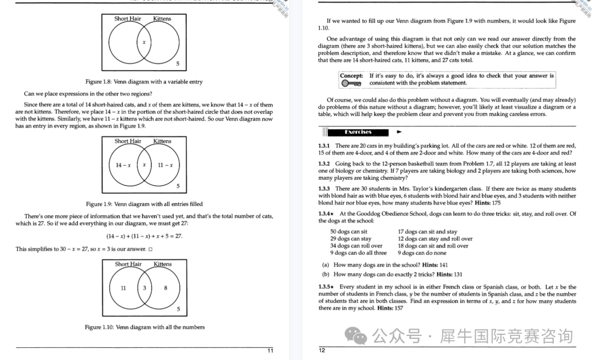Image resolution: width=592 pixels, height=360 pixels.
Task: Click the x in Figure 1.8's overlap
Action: click(x=144, y=42)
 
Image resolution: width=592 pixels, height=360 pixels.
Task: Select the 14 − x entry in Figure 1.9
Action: click(x=122, y=165)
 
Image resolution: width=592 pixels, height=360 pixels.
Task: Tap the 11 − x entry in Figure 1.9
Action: click(x=165, y=165)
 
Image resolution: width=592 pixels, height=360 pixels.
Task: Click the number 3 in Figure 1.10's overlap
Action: click(x=144, y=288)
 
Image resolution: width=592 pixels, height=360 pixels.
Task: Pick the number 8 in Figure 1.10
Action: click(x=166, y=288)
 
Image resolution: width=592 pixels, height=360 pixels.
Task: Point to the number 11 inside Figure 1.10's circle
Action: click(x=123, y=288)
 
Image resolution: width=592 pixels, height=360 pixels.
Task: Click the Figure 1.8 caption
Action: click(x=144, y=82)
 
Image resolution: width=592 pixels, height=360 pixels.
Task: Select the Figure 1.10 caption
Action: click(x=144, y=327)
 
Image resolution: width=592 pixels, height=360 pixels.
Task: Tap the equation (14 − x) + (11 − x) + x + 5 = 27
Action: click(x=144, y=236)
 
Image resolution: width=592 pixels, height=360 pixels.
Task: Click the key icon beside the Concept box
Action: click(x=351, y=83)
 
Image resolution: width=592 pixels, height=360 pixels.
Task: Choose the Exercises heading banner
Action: click(x=358, y=132)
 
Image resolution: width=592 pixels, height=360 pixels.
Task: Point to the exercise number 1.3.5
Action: click(x=326, y=287)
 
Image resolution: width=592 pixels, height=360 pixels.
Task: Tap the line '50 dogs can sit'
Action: click(x=349, y=232)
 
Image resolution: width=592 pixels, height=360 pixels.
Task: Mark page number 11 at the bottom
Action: click(x=270, y=351)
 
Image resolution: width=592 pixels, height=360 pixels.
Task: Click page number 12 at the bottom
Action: click(x=322, y=351)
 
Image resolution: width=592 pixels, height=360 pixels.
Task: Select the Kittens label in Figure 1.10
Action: click(x=162, y=264)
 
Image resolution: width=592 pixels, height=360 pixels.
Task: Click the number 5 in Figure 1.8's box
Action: click(x=178, y=64)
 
